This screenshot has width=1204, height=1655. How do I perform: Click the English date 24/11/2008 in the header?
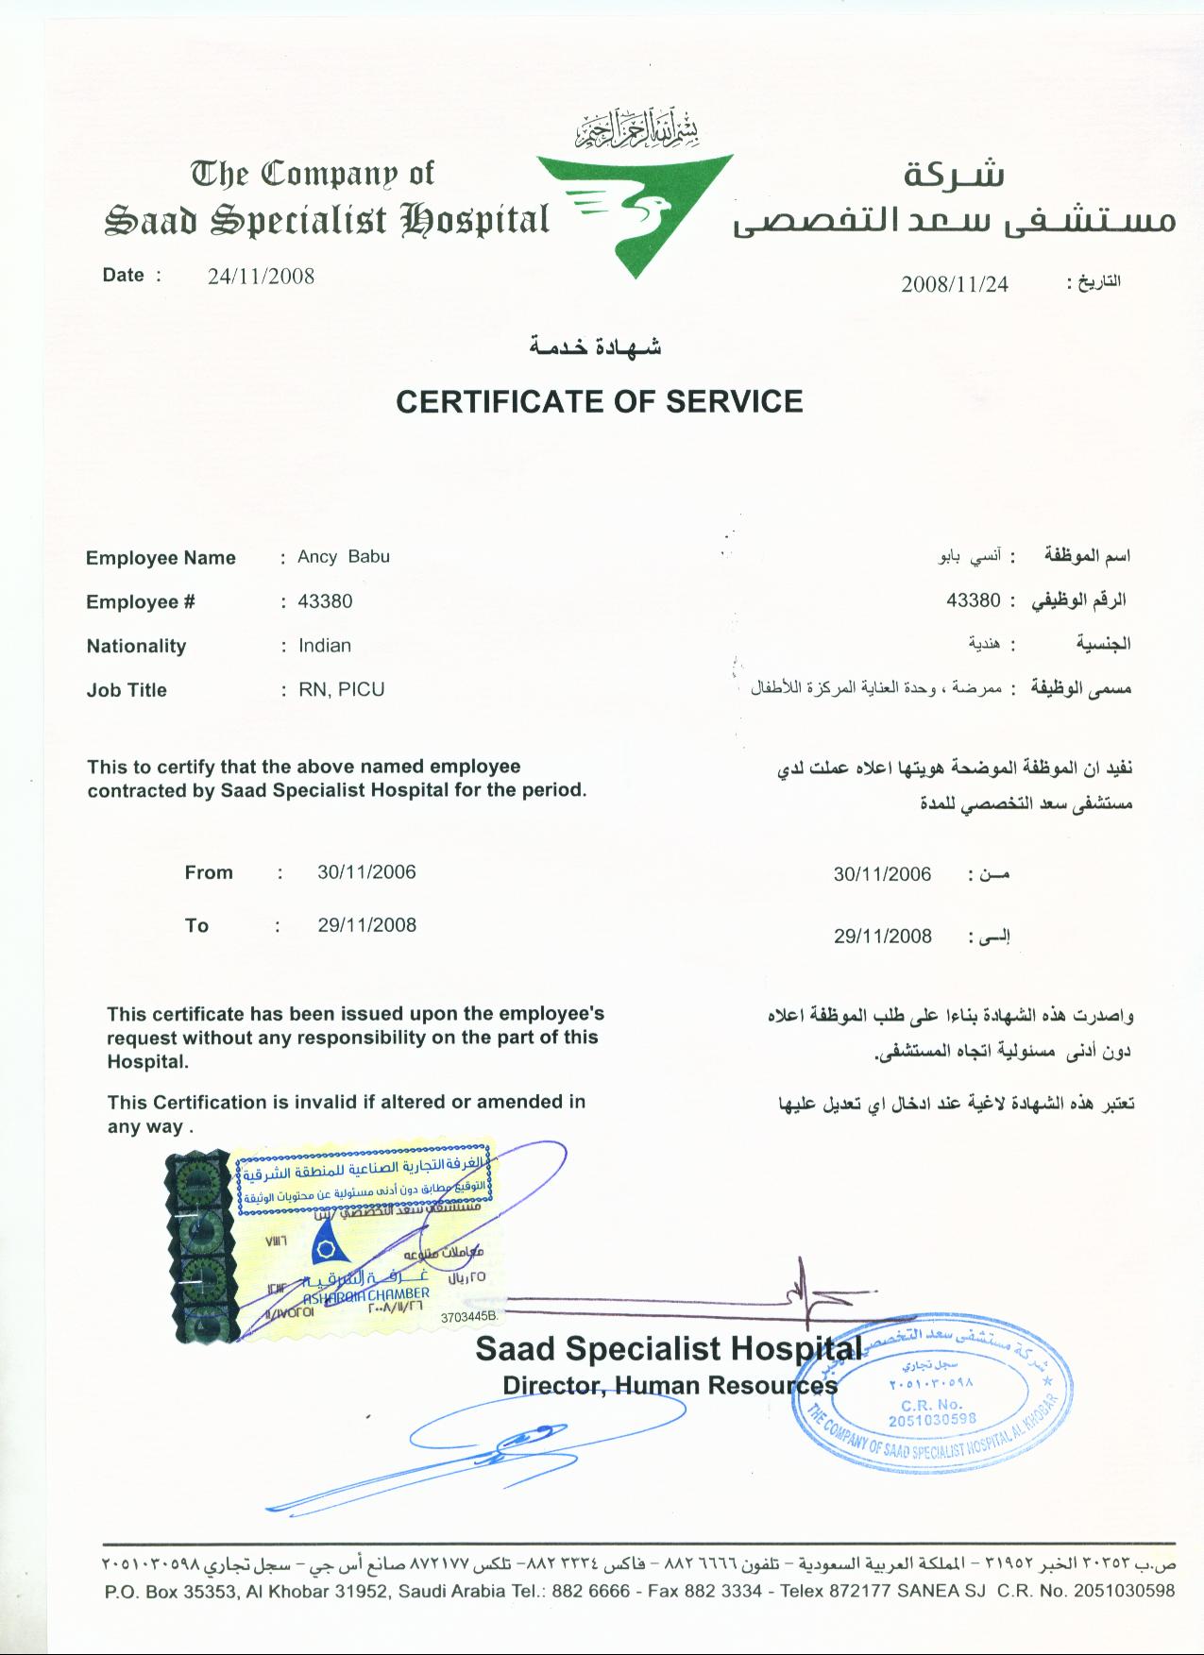point(261,276)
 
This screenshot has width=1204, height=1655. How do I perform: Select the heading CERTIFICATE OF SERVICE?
point(599,401)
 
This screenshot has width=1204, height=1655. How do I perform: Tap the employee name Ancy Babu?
point(344,556)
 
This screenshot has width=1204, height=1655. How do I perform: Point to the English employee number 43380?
point(325,601)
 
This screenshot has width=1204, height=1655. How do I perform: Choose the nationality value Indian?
point(325,646)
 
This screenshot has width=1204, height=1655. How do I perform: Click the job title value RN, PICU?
point(342,689)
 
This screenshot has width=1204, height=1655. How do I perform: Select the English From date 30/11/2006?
point(366,872)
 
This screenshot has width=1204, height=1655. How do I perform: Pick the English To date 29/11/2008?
point(366,925)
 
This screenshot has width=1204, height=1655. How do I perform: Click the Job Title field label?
point(127,690)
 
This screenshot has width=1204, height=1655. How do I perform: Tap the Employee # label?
point(141,602)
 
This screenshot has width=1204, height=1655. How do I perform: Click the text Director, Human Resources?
point(670,1386)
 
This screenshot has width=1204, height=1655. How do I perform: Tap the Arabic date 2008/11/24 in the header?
point(955,284)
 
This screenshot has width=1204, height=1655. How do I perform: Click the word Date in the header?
point(124,276)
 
